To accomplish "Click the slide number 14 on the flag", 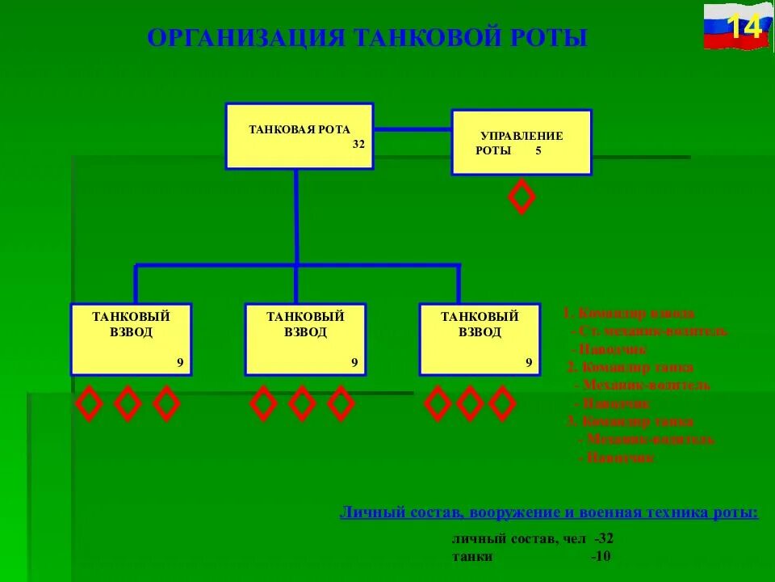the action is point(746,27).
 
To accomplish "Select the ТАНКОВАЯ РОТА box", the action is point(299,135).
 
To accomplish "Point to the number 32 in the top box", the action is point(358,145).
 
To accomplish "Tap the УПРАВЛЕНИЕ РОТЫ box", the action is point(521,142).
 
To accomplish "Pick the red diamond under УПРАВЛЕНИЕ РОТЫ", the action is point(522,196).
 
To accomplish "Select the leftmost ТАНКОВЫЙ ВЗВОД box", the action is point(131,339).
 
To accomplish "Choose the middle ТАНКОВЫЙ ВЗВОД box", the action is point(305,339).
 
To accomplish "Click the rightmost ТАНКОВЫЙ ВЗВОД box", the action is point(480,339).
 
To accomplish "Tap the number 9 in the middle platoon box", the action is point(354,363).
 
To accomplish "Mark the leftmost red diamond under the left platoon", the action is point(89,403).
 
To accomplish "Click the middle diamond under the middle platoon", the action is point(302,403).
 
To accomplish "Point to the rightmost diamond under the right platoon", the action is point(502,403).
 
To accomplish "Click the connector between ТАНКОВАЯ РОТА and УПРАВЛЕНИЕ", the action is point(413,129).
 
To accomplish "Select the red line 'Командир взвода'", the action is point(630,313).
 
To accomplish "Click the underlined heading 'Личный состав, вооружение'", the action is point(549,512).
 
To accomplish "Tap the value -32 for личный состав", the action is point(604,538).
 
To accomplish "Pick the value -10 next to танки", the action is point(601,557).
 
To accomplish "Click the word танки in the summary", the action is point(472,557).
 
